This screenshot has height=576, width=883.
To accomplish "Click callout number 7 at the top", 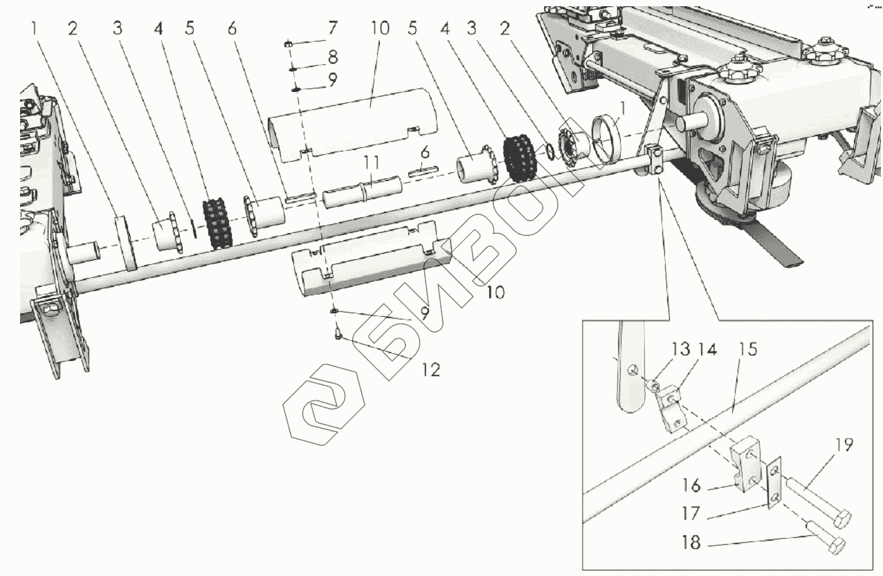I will tap(333, 29).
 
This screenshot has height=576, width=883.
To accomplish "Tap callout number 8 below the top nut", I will tap(333, 55).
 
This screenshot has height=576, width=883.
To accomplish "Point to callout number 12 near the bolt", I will tap(430, 370).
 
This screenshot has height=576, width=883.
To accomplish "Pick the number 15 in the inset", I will tap(747, 349).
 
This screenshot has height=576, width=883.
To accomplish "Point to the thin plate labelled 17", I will tap(774, 484).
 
